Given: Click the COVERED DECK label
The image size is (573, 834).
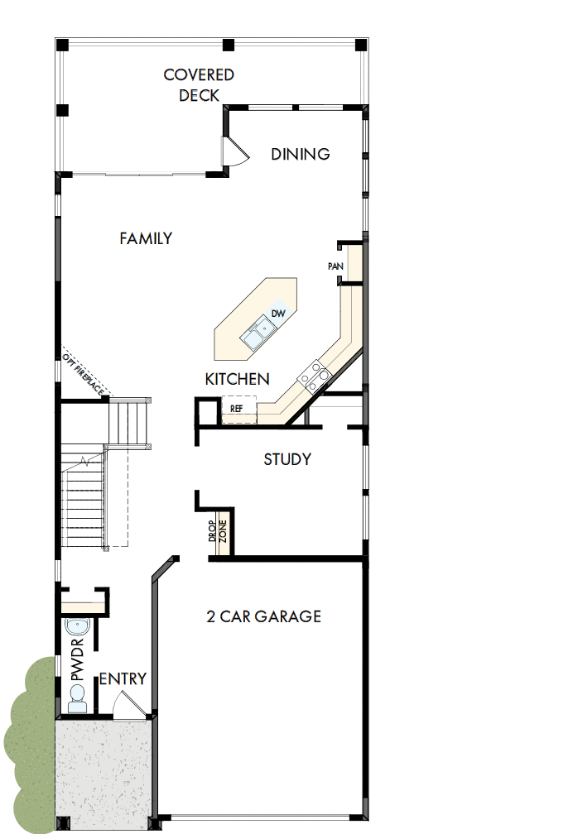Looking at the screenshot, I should tap(199, 84).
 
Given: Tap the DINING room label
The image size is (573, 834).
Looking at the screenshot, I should tap(301, 154).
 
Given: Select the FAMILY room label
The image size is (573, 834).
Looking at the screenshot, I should tap(146, 238).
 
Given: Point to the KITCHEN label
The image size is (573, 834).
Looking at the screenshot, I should tap(237, 379).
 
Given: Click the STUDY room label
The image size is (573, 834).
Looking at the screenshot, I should tap(287, 459).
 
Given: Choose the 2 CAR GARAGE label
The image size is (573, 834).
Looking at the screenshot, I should tap(263, 616).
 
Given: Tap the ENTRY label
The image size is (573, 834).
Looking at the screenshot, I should tap(123, 679).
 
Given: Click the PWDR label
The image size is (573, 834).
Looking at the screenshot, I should tap(78, 659).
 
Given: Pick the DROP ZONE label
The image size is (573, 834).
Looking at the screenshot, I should tap(217, 531).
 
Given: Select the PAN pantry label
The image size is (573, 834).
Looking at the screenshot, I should tap(335, 266).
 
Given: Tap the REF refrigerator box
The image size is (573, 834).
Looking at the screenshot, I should tap(237, 409).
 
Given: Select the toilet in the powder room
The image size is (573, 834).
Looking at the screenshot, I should tap(77, 702).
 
